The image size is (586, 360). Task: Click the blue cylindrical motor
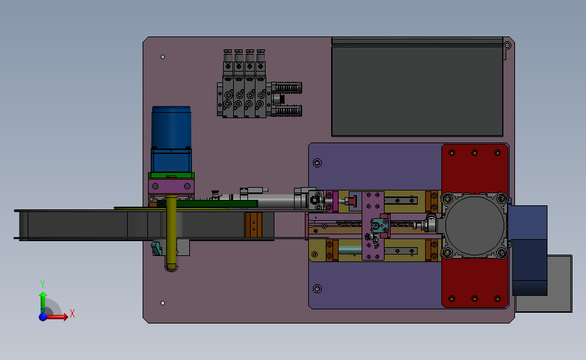[x=171, y=139]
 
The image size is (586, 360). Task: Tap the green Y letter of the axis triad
[x=43, y=284]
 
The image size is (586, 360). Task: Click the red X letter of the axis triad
[x=72, y=313]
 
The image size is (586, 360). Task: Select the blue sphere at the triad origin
[x=43, y=317]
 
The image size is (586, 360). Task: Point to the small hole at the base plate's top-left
[x=163, y=57]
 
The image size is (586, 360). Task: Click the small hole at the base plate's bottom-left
[x=163, y=303]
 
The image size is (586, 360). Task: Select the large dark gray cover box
[x=417, y=87]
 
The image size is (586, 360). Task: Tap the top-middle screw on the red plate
[x=474, y=153]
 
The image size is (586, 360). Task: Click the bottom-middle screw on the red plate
[x=474, y=299]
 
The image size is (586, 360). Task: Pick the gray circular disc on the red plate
[x=474, y=225]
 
